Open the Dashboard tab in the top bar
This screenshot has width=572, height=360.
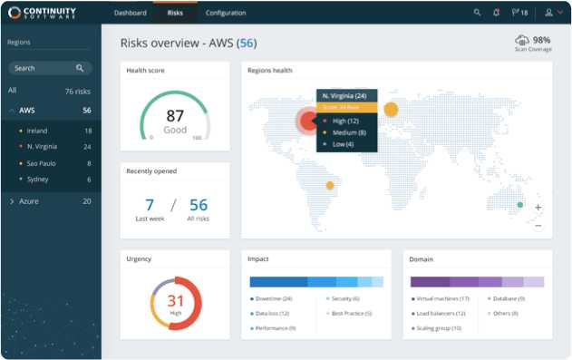pyautogui.click(x=131, y=13)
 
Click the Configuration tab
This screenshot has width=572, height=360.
pyautogui.click(x=226, y=13)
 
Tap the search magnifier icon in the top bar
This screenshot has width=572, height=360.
pyautogui.click(x=478, y=13)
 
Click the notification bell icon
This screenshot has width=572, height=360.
pyautogui.click(x=496, y=13)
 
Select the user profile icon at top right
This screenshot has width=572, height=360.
pyautogui.click(x=548, y=13)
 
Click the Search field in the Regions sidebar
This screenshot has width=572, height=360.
pyautogui.click(x=45, y=68)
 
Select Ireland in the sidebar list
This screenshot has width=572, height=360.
pyautogui.click(x=39, y=131)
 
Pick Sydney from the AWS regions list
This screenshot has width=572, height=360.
pyautogui.click(x=39, y=180)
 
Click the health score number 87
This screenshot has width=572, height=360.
pyautogui.click(x=175, y=116)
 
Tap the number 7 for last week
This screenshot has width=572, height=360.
pyautogui.click(x=150, y=205)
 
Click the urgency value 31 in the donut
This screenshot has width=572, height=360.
pyautogui.click(x=175, y=301)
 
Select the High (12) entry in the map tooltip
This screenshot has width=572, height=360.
pyautogui.click(x=345, y=121)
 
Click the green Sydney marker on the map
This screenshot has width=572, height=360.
pyautogui.click(x=519, y=205)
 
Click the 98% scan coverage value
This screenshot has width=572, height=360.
pyautogui.click(x=541, y=40)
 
